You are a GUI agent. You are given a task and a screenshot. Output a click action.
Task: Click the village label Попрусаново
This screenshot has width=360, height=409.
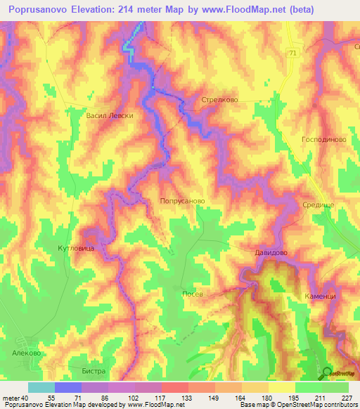(x=182, y=200)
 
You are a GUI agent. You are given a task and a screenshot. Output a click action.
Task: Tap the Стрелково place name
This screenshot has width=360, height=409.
(x=219, y=100)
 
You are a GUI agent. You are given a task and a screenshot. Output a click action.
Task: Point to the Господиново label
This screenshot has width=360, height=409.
(x=323, y=140)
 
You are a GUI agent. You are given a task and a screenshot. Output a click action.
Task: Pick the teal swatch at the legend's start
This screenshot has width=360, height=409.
(x=41, y=387)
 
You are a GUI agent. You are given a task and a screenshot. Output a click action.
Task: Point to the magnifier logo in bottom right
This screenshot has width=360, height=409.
(x=327, y=372)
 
